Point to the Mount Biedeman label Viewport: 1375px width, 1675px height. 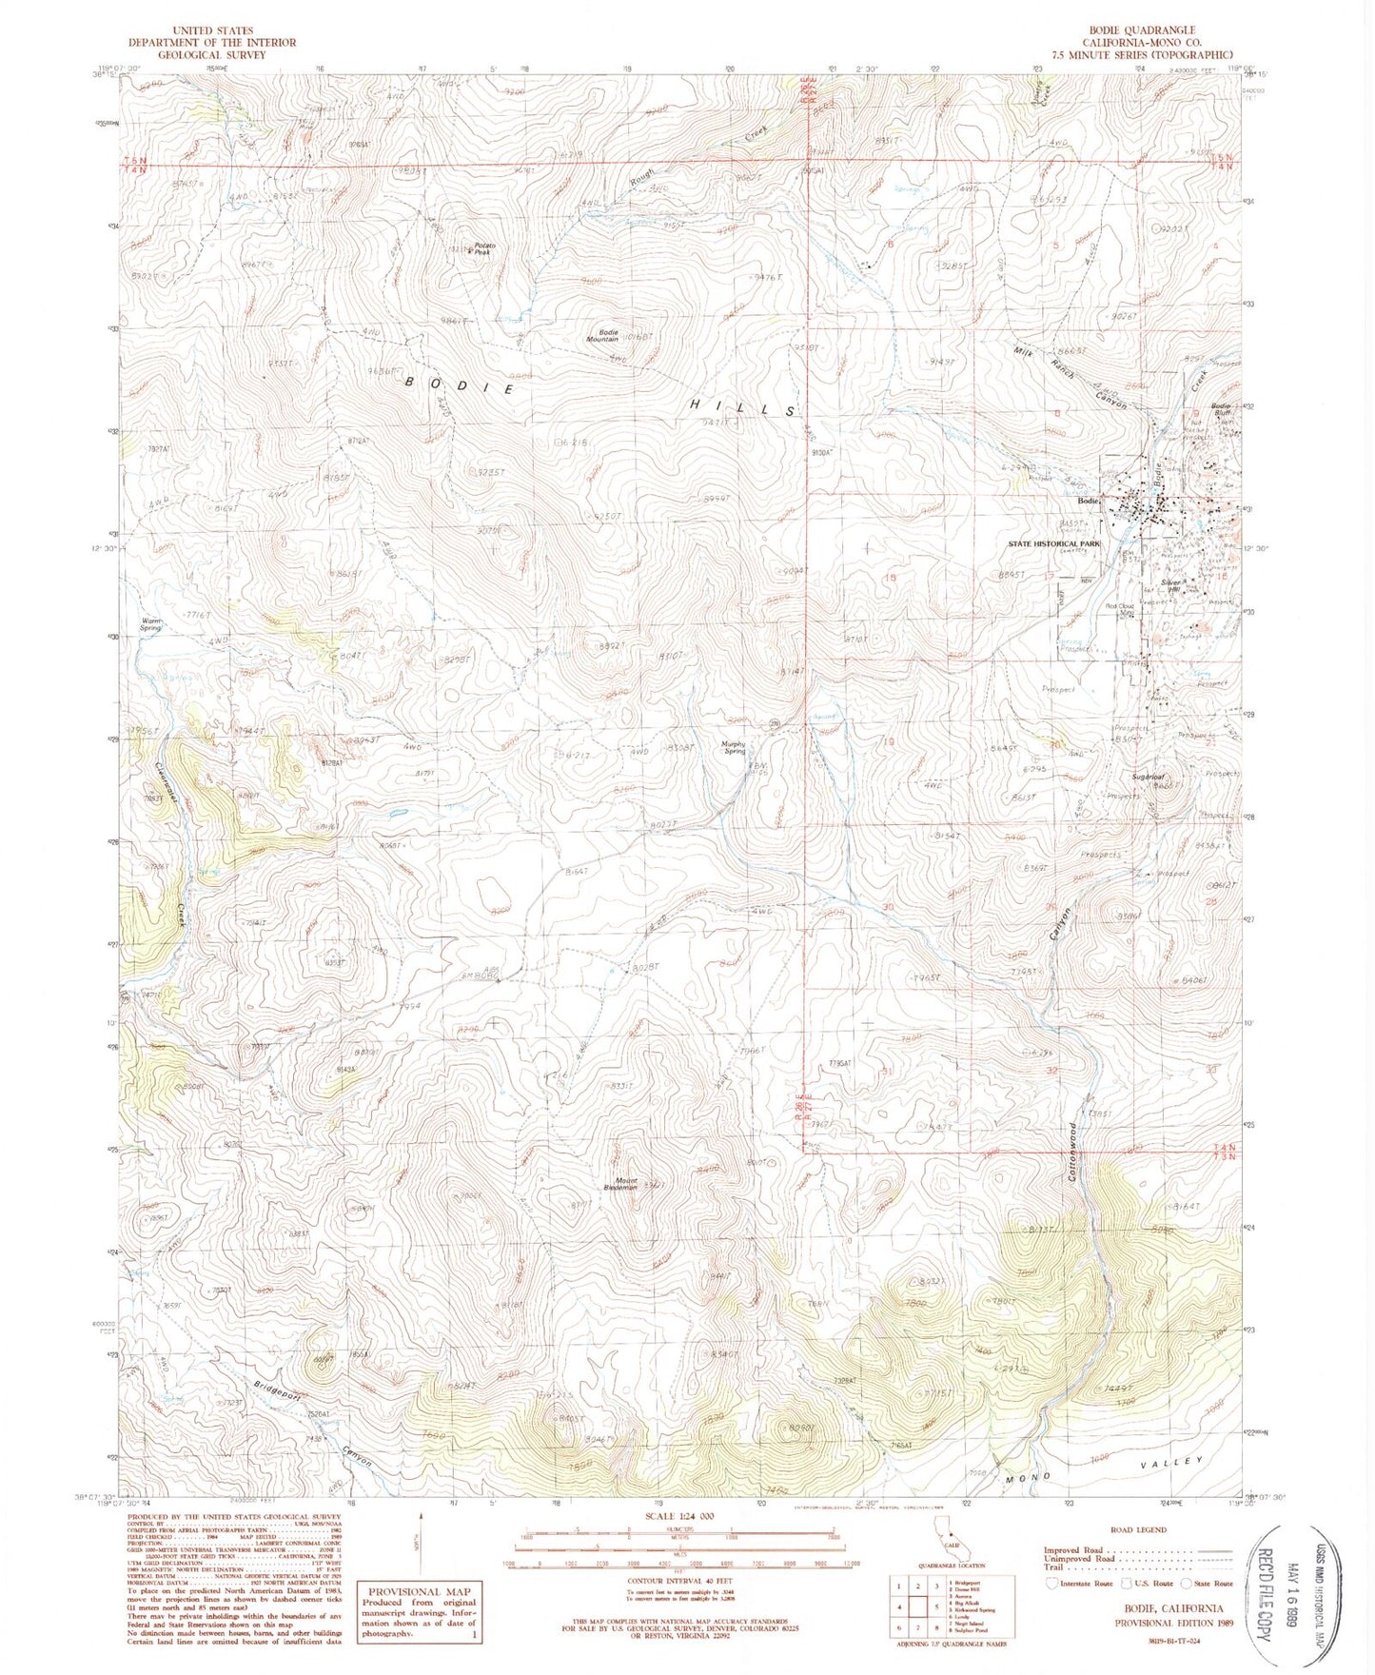(x=620, y=1186)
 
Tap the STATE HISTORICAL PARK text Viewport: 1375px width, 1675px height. (x=1053, y=543)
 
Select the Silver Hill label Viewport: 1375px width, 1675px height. (x=1170, y=586)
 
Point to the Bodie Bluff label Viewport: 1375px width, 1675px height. (x=1222, y=410)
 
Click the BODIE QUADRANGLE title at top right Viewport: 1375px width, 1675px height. (x=1152, y=30)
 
